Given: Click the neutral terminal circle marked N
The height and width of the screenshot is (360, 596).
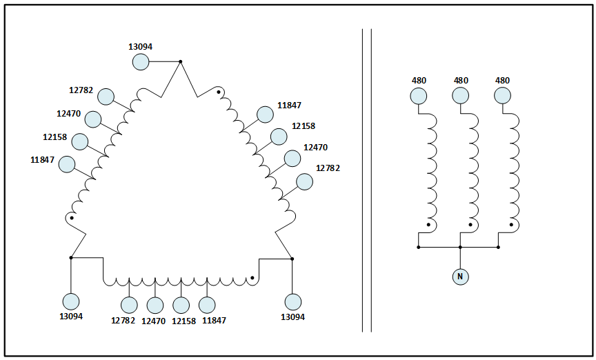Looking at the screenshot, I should [x=460, y=277].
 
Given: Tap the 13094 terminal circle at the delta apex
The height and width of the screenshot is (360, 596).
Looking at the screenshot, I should [x=141, y=62].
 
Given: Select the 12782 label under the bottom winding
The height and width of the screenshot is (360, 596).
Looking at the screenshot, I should [x=123, y=321].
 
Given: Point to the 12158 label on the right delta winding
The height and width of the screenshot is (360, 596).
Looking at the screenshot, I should [x=304, y=126].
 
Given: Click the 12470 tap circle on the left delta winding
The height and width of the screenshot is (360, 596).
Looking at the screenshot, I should [x=92, y=119].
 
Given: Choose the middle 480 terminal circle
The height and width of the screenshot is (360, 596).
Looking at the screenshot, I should [x=460, y=96].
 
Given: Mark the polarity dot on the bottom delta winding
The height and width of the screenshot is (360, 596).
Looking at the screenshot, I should [x=252, y=278].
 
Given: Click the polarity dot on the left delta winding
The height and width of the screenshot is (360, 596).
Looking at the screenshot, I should [x=72, y=218].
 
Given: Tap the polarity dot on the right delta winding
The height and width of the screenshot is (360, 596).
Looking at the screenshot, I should [x=219, y=91].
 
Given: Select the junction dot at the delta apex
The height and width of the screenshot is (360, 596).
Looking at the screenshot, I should [x=181, y=61].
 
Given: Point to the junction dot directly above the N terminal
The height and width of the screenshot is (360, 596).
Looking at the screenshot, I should [x=460, y=246].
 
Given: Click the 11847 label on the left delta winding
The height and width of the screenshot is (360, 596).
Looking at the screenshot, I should [x=42, y=159].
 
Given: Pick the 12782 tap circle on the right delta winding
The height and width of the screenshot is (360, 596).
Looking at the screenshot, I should [x=304, y=181].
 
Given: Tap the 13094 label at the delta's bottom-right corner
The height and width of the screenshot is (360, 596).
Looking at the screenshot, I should [x=292, y=317].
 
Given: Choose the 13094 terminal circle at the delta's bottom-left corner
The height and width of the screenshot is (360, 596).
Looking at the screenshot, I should [x=71, y=301].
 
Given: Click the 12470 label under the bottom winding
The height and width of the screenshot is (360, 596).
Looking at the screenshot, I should [x=153, y=321].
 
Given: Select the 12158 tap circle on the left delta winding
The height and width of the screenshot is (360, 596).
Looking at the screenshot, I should [x=80, y=142].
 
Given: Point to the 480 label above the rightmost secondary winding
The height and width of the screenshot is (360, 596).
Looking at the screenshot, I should [x=502, y=81].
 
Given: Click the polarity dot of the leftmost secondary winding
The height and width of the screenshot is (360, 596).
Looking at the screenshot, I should [x=428, y=225].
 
